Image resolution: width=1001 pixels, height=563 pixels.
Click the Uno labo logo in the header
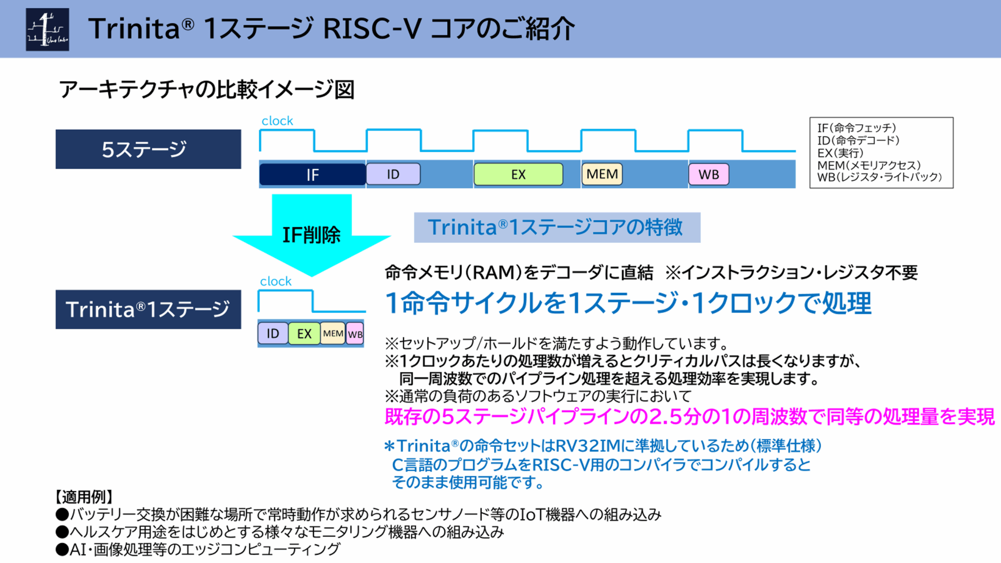pyautogui.click(x=47, y=29)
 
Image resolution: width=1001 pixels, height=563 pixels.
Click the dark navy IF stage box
pyautogui.click(x=312, y=174)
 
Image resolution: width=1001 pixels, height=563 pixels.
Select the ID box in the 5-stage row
pyautogui.click(x=393, y=174)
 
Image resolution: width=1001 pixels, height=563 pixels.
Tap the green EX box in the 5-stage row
pyautogui.click(x=518, y=174)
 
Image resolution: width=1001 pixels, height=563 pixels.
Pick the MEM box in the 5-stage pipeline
pyautogui.click(x=602, y=174)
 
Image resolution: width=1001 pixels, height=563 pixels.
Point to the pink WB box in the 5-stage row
pyautogui.click(x=709, y=174)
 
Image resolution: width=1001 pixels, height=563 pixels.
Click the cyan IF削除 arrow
pyautogui.click(x=312, y=235)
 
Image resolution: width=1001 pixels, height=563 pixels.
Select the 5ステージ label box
pyautogui.click(x=148, y=149)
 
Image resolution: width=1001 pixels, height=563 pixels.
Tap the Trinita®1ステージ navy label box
pyautogui.click(x=148, y=309)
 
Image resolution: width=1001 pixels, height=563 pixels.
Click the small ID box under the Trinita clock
pyautogui.click(x=273, y=333)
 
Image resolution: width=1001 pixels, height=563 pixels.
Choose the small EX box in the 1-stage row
pyautogui.click(x=304, y=333)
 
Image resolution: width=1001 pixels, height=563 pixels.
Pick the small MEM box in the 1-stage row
pyautogui.click(x=333, y=333)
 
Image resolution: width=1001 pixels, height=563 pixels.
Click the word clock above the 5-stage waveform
pyautogui.click(x=277, y=121)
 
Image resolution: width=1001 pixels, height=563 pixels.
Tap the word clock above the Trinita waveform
pyautogui.click(x=276, y=281)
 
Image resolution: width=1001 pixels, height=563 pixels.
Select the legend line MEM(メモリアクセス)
pyautogui.click(x=869, y=165)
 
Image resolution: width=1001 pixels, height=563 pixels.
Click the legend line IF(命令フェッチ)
pyautogui.click(x=856, y=128)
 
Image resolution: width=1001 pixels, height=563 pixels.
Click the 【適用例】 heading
pyautogui.click(x=84, y=497)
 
